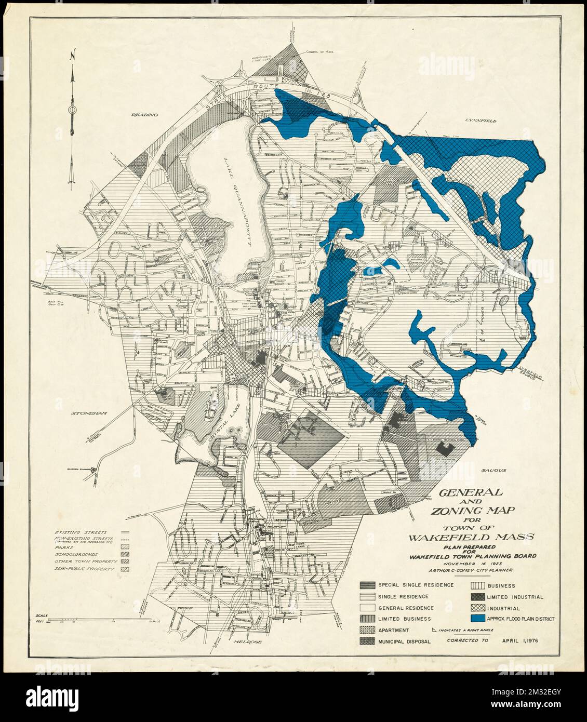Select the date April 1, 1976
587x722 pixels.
519,640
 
